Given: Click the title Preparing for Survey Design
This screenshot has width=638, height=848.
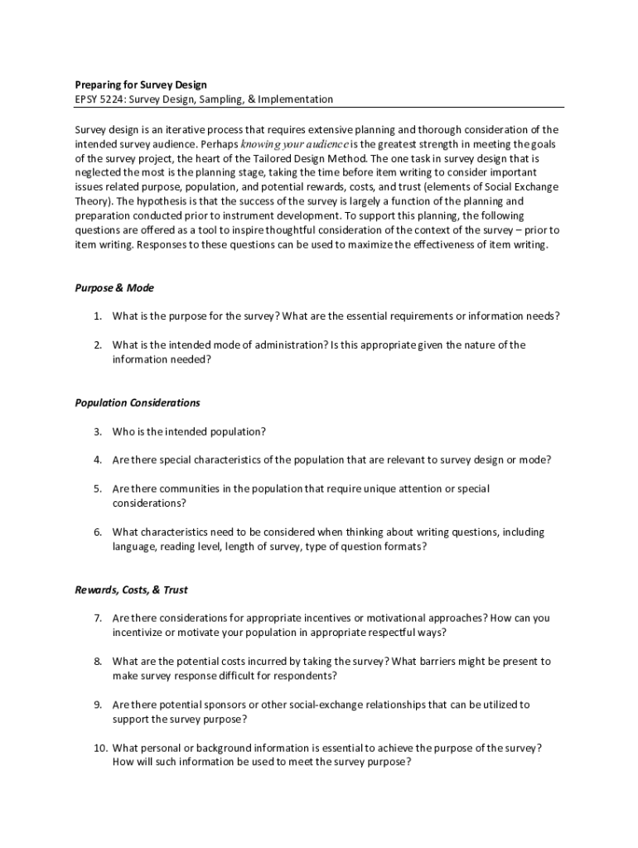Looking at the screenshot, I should pyautogui.click(x=140, y=84).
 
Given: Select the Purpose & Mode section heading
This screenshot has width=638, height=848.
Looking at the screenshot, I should pyautogui.click(x=114, y=288).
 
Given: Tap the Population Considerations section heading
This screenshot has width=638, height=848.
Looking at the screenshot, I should pyautogui.click(x=138, y=402).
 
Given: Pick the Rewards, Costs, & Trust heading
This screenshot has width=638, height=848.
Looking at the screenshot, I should pyautogui.click(x=131, y=590).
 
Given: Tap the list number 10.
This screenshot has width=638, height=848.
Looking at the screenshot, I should pyautogui.click(x=99, y=748).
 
